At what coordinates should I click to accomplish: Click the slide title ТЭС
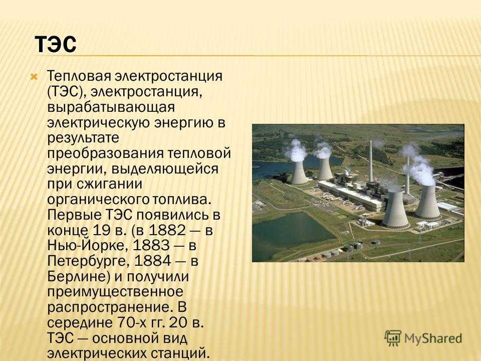[x=56, y=44]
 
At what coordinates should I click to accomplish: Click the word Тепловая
[x=79, y=76]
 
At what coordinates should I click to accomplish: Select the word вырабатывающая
[x=111, y=107]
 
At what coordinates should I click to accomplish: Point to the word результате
[x=83, y=138]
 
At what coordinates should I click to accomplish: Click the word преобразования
[x=105, y=153]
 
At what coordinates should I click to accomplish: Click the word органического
[x=98, y=200]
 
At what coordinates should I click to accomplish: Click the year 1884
[x=152, y=261]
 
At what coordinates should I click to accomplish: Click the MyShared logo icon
[x=393, y=338]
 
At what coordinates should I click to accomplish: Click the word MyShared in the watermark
[x=433, y=338]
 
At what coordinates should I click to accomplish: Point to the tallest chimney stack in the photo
[x=371, y=161]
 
